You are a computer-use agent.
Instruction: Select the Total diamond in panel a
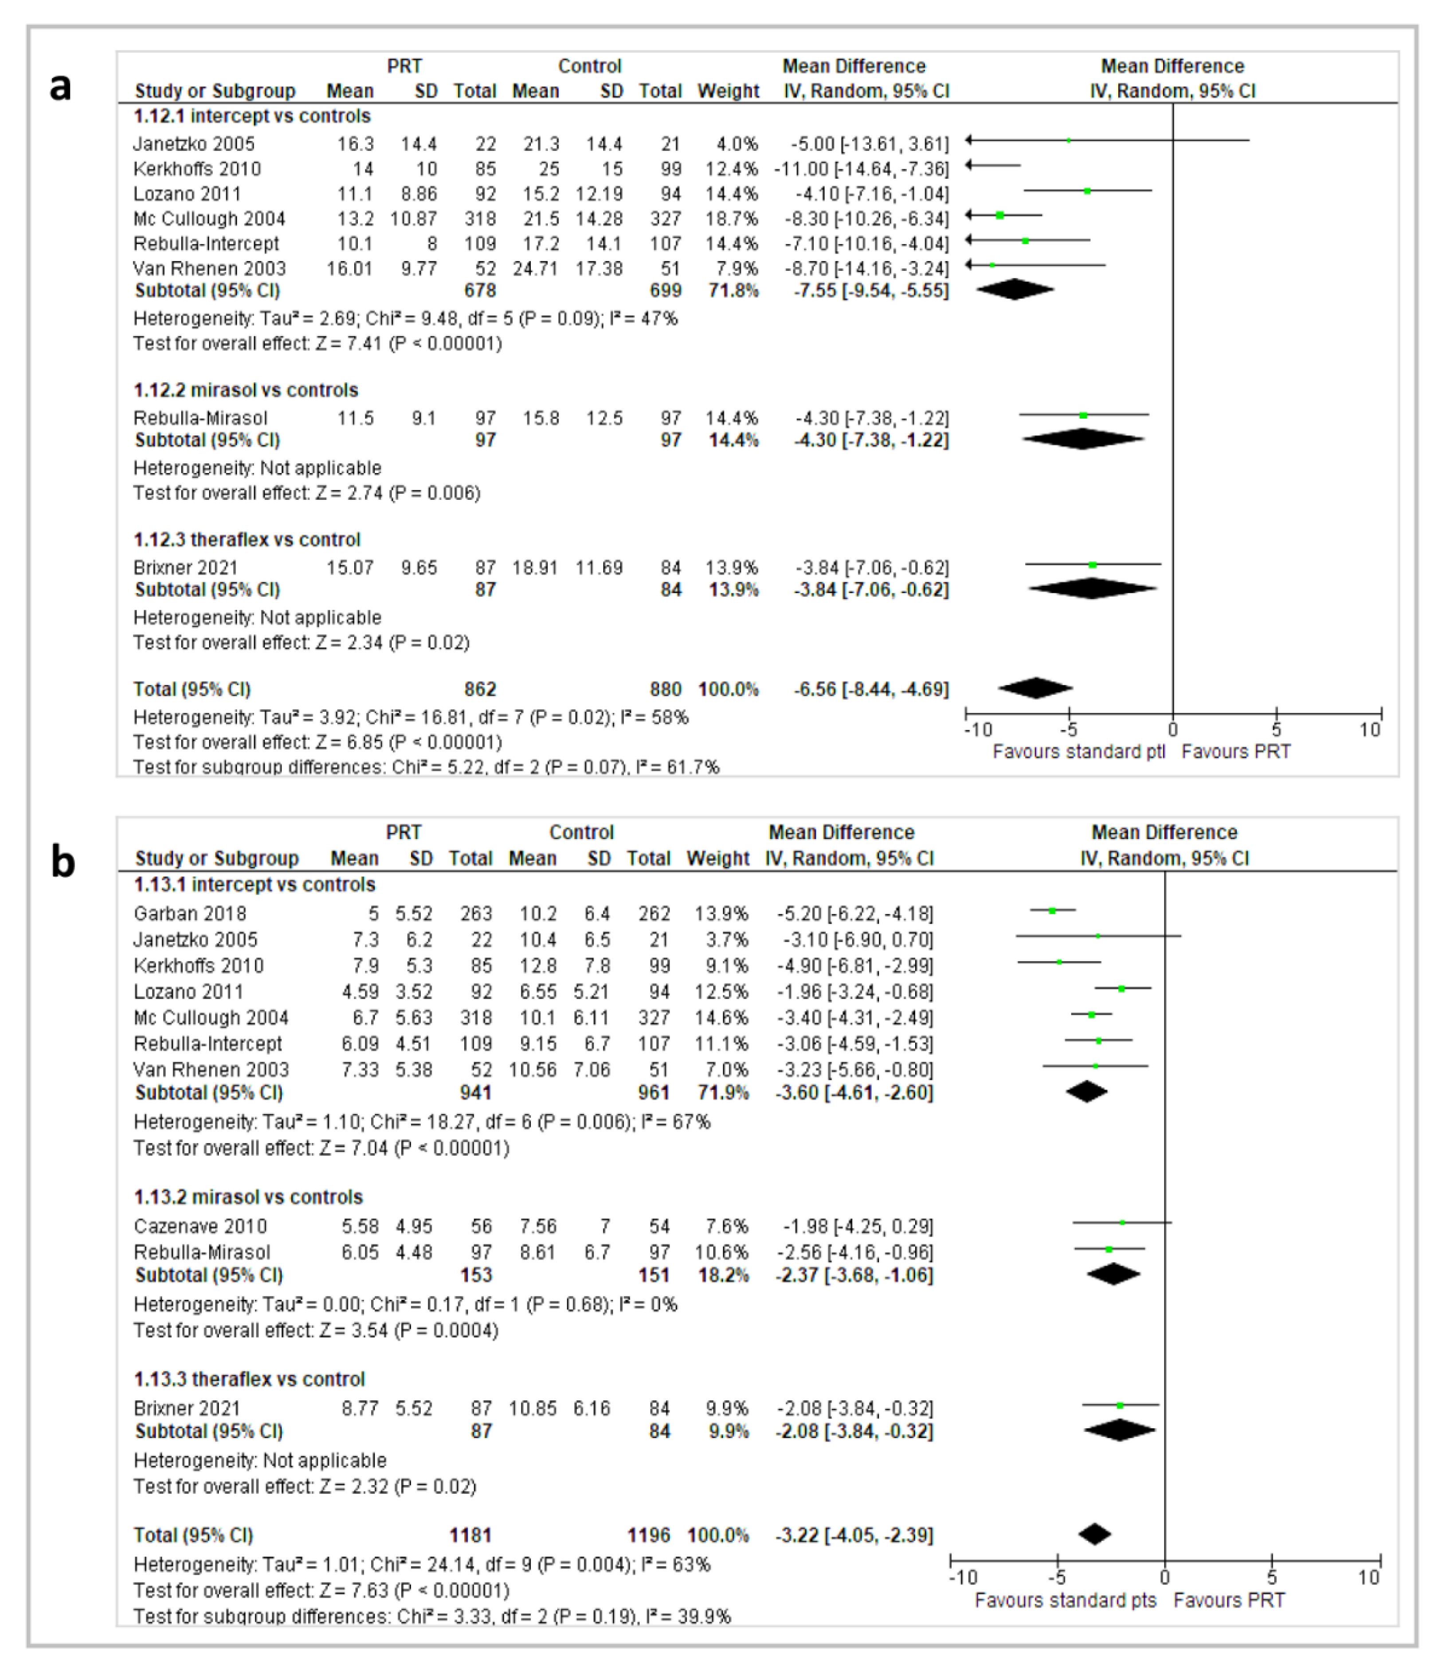point(1036,688)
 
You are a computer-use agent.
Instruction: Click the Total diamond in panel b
point(1095,1534)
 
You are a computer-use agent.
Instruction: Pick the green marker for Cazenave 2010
point(1122,1223)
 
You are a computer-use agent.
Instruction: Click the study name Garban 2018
point(190,913)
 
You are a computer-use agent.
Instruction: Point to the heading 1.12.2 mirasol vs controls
point(246,390)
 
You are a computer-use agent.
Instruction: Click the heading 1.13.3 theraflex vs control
point(249,1379)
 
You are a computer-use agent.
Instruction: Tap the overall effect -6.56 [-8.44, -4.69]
point(870,689)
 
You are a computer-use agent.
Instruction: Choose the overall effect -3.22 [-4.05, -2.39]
point(854,1535)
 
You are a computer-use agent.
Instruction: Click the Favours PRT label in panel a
point(1236,751)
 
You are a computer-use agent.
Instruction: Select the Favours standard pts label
point(1066,1600)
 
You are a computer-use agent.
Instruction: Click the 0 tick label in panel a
point(1173,729)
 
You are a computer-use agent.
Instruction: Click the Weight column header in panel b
point(717,859)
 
